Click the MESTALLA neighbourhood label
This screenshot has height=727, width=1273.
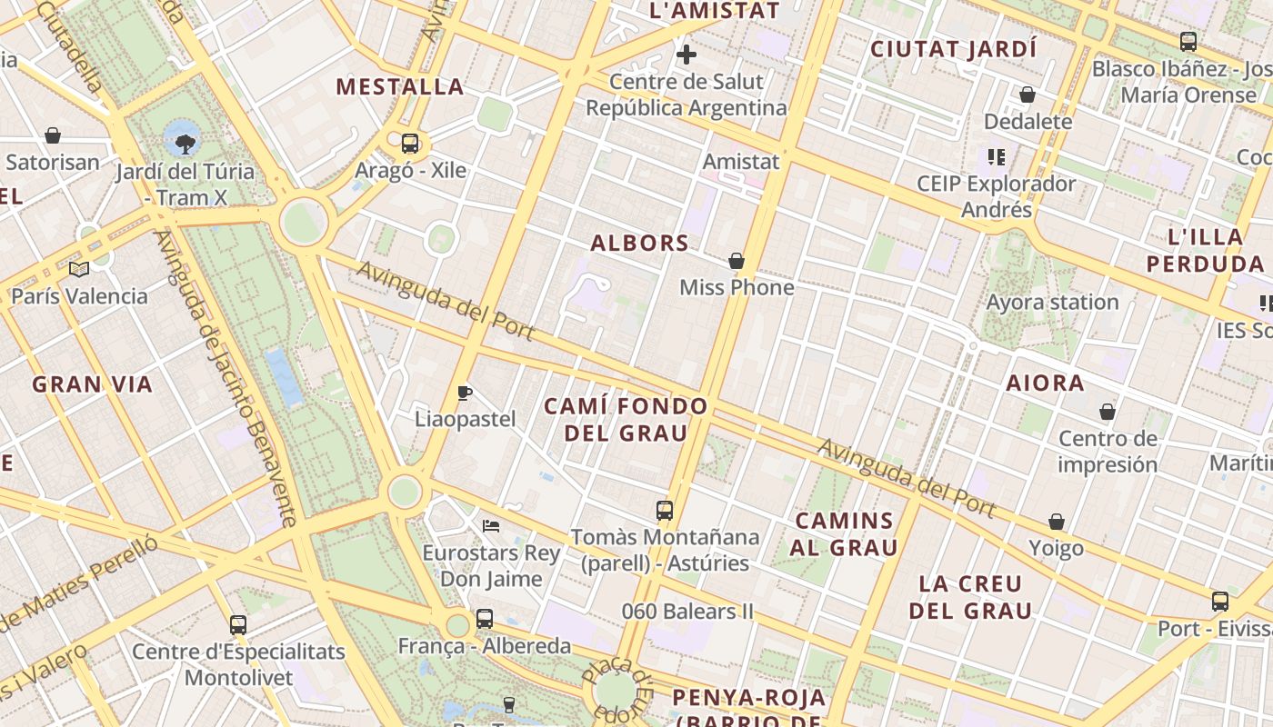[400, 87]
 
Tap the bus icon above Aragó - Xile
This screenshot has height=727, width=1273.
[410, 143]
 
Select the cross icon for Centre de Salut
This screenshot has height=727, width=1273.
[687, 55]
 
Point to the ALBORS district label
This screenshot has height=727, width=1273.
[640, 243]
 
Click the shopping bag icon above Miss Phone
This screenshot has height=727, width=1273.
[737, 262]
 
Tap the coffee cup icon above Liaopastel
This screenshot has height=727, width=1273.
[465, 393]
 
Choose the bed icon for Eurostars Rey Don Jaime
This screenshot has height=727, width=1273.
[491, 526]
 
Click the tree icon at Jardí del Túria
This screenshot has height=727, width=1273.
[185, 143]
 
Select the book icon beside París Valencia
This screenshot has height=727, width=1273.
[79, 269]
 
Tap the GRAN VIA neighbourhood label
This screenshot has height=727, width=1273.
[93, 384]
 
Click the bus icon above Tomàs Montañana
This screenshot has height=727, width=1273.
[665, 511]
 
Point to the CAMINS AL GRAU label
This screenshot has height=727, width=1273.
[844, 534]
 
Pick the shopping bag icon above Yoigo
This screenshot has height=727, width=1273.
[1057, 523]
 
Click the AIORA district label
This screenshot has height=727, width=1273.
[1045, 383]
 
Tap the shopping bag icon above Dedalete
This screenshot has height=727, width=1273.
[1027, 95]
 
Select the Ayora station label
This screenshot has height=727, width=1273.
[1052, 302]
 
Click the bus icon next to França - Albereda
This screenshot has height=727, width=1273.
[485, 619]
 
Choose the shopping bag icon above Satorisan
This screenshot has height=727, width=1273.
[53, 136]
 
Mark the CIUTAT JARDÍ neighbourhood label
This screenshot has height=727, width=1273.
[954, 49]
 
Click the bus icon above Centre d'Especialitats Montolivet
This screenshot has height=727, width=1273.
[238, 625]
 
